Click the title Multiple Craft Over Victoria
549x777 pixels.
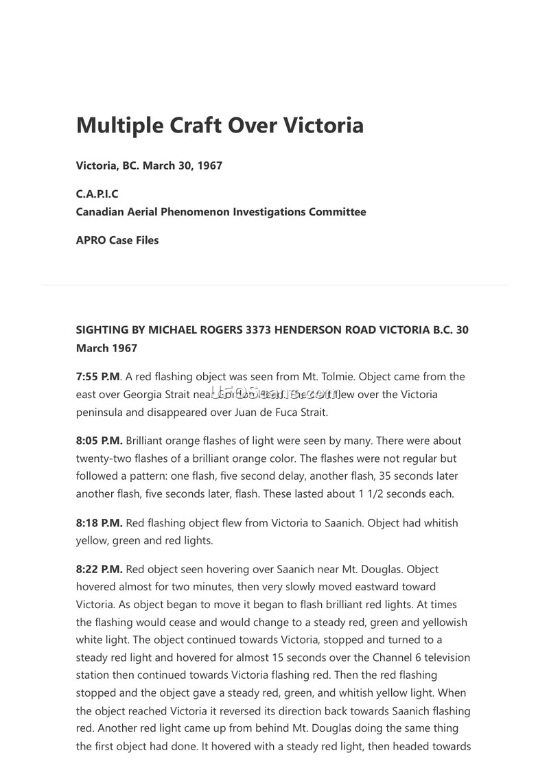point(220,126)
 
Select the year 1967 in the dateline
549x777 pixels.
point(209,165)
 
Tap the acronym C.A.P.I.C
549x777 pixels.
point(97,194)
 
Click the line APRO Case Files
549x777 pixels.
point(117,240)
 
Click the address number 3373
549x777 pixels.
point(259,330)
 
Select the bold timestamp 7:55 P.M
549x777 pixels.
point(97,377)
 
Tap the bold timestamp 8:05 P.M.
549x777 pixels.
point(99,441)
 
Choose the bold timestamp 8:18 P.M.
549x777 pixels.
point(99,523)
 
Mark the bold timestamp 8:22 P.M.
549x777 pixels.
point(99,569)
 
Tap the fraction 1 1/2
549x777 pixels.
point(371,494)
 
